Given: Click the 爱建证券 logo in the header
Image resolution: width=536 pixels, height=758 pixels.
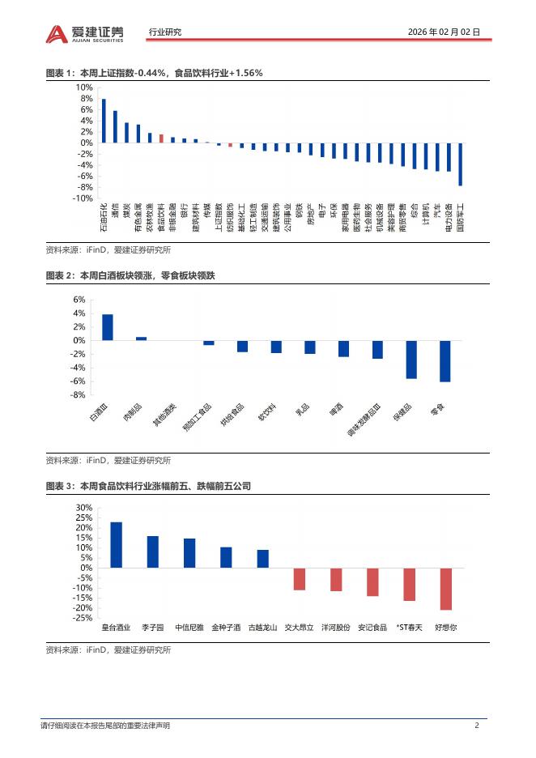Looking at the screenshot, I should click(x=85, y=32).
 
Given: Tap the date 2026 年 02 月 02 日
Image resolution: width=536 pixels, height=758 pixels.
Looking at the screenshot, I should click(x=444, y=32).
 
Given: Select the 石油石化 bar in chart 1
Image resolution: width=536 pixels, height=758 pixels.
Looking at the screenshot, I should click(x=104, y=121).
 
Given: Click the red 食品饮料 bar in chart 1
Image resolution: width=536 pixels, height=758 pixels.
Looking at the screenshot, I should click(x=161, y=138).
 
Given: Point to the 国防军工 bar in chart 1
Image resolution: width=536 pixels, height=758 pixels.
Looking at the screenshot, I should click(x=460, y=164).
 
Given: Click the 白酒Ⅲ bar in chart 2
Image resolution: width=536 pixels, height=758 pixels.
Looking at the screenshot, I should click(x=108, y=327).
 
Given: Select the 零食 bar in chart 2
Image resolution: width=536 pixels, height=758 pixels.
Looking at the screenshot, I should click(x=445, y=361).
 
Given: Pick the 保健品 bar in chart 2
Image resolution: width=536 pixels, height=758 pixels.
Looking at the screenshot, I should click(x=411, y=360).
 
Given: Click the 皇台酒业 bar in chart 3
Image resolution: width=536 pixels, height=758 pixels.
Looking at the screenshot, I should click(x=117, y=545).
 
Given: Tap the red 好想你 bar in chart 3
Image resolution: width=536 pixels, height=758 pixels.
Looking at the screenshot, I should click(x=445, y=589).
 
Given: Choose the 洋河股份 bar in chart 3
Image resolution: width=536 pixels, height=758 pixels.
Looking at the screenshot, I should click(x=336, y=579).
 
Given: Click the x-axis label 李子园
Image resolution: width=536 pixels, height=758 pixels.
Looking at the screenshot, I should click(x=153, y=627).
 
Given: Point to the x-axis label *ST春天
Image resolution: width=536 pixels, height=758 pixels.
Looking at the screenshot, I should click(x=409, y=627).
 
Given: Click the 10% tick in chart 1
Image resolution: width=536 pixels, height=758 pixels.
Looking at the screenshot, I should click(x=83, y=87).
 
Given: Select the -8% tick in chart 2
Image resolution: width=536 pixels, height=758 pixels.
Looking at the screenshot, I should click(x=79, y=395).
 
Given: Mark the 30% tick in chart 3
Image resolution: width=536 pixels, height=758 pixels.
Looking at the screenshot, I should click(x=83, y=508).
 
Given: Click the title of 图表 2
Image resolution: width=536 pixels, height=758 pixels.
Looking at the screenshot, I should click(x=130, y=276).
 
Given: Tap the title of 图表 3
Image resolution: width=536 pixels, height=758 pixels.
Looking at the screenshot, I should click(x=148, y=486).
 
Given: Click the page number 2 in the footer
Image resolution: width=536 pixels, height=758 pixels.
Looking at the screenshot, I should click(x=477, y=726).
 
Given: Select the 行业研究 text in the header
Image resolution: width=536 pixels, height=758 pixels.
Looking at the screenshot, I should click(x=165, y=32).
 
